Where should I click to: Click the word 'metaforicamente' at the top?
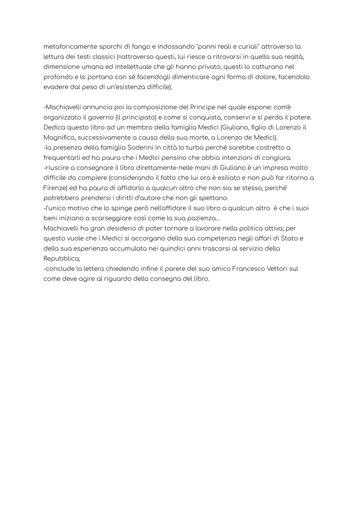(x=66, y=47)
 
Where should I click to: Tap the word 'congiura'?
(x=277, y=158)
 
